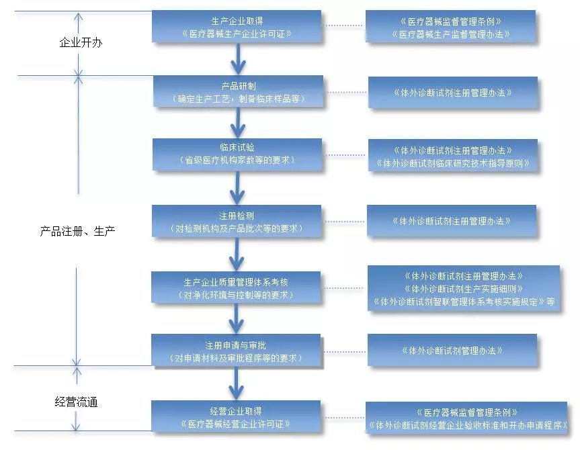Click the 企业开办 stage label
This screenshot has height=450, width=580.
(x=80, y=42)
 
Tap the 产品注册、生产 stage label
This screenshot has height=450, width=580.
(x=77, y=230)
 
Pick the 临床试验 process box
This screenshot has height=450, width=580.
(x=237, y=154)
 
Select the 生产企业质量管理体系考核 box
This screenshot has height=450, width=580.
(x=237, y=287)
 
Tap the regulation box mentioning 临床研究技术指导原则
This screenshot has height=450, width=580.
(x=453, y=156)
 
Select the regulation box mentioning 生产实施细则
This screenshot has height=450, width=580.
(x=463, y=288)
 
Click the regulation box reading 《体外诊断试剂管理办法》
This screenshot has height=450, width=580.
(x=452, y=350)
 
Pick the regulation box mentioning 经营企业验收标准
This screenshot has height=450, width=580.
(x=466, y=418)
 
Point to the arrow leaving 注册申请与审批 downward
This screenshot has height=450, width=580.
(x=236, y=384)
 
